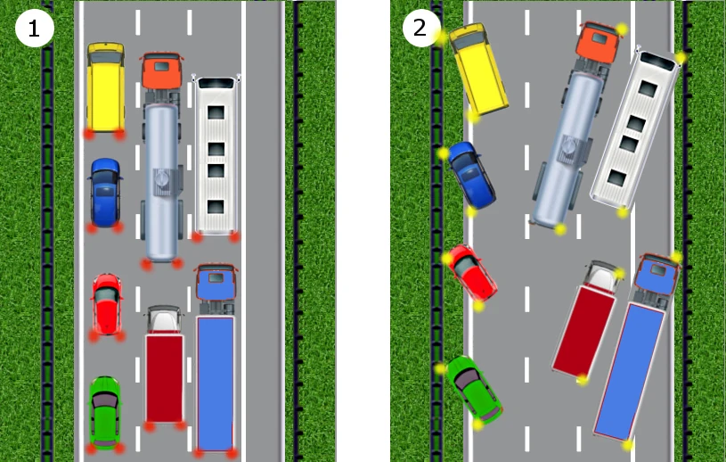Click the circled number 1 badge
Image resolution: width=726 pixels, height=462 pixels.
[x=35, y=28]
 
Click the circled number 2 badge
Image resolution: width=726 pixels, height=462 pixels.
[x=420, y=28]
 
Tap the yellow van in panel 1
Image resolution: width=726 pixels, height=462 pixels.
[x=106, y=87]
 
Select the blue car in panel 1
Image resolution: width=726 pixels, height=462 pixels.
[x=106, y=193]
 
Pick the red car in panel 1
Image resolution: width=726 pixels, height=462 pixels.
[x=107, y=304]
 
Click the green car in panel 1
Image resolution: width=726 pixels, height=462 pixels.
[x=105, y=412]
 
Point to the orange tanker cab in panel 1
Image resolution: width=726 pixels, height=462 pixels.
[x=161, y=70]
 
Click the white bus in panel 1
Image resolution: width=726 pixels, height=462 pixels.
[x=216, y=155]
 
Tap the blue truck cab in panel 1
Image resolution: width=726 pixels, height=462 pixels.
[x=216, y=282]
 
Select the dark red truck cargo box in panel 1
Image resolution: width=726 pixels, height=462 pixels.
[x=165, y=377]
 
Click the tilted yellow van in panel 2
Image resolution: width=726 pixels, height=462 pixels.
[x=478, y=69]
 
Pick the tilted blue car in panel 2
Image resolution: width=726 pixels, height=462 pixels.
[x=471, y=175]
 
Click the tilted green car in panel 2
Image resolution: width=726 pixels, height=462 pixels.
[x=474, y=390]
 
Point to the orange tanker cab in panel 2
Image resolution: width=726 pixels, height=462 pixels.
[x=598, y=44]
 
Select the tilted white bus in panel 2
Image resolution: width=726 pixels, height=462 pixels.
[x=635, y=130]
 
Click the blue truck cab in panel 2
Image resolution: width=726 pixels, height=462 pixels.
[x=657, y=275]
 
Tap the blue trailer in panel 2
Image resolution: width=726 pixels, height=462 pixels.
[x=629, y=372]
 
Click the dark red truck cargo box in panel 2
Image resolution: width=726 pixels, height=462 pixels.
[x=584, y=330]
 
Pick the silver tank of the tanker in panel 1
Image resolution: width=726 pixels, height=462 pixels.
[x=161, y=182]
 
